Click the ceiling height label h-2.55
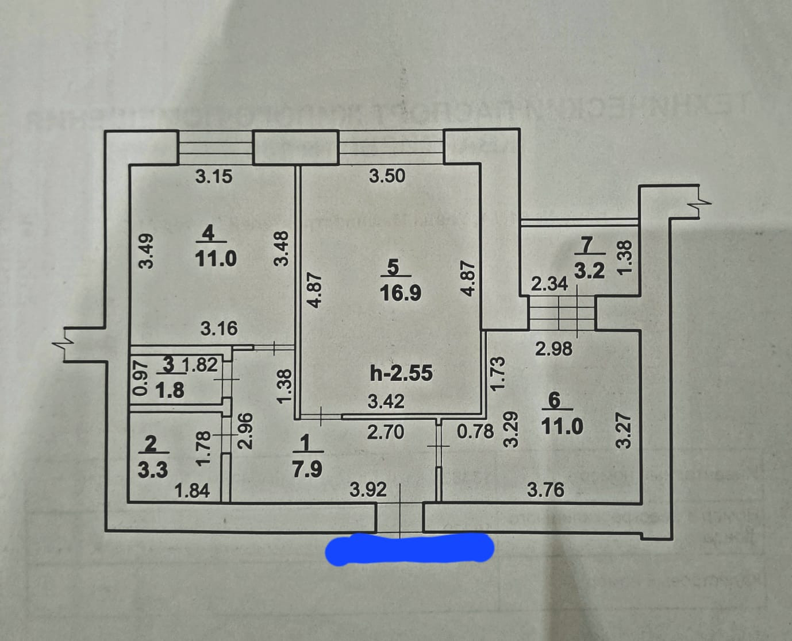tap(401, 373)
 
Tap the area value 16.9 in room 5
tap(401, 294)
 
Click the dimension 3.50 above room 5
tap(387, 176)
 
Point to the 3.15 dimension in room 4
tap(214, 176)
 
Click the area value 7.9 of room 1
tap(307, 469)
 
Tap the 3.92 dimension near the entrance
tap(368, 490)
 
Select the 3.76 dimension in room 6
tap(545, 490)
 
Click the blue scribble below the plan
tap(409, 549)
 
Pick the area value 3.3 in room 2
tap(152, 470)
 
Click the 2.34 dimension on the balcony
tap(549, 283)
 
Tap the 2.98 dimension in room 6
tap(553, 349)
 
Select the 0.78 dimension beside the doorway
tap(475, 431)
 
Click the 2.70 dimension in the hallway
tap(385, 431)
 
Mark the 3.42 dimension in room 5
tap(386, 401)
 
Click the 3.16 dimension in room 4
tap(218, 329)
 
